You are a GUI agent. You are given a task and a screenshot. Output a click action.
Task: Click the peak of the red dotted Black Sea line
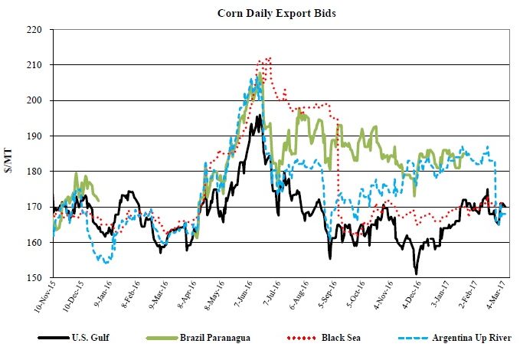(x=269, y=57)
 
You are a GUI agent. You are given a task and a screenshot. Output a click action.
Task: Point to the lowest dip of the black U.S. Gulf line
(x=416, y=273)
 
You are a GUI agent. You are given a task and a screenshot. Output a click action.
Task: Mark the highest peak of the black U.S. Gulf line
(x=259, y=116)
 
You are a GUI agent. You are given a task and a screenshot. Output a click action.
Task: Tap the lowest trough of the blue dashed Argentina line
(x=106, y=263)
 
